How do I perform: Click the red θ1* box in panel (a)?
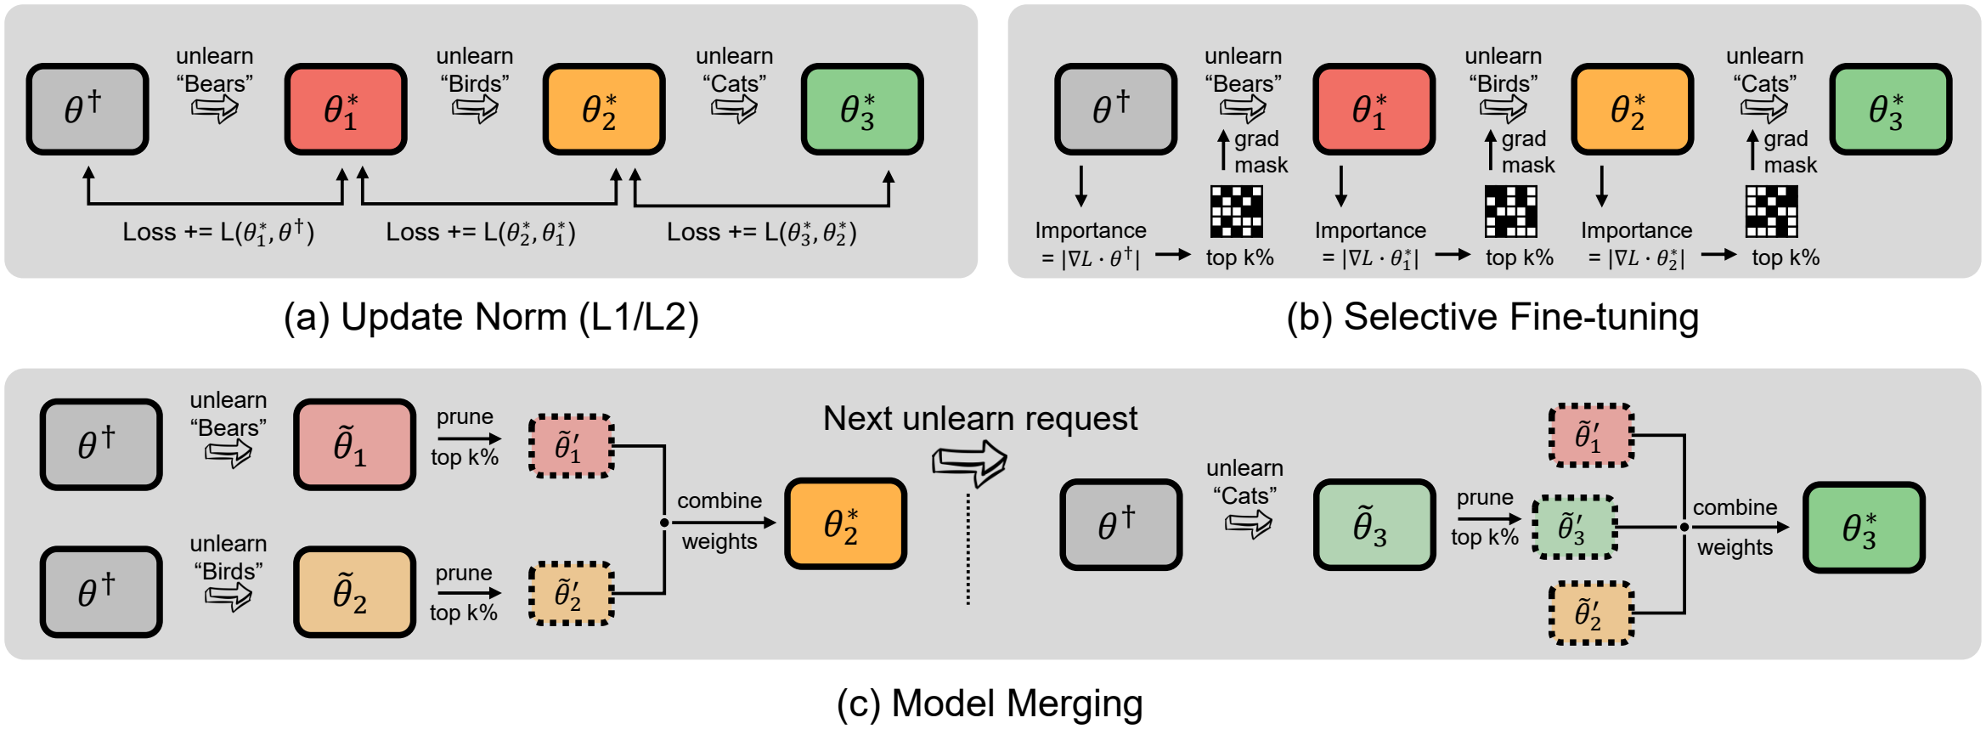(346, 109)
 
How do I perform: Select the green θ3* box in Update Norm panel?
(862, 109)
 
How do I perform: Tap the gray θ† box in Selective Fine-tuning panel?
(1115, 109)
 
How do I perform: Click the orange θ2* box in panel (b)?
(1632, 109)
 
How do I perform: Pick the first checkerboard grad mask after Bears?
(1236, 211)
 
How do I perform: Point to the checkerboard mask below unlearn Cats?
(1771, 211)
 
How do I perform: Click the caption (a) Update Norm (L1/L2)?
(491, 317)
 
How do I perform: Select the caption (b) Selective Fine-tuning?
(1492, 317)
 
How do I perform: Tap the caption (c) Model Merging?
(990, 704)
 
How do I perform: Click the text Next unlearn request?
(979, 418)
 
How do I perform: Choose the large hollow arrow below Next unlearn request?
(969, 463)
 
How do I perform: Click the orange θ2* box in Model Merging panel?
(845, 523)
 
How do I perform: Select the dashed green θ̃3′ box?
(1574, 527)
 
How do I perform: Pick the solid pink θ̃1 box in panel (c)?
(354, 444)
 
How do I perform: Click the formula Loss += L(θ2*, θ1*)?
(481, 232)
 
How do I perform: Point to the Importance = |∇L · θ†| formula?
(1091, 244)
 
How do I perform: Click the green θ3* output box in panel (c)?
(1864, 527)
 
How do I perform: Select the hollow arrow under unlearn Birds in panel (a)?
(474, 109)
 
